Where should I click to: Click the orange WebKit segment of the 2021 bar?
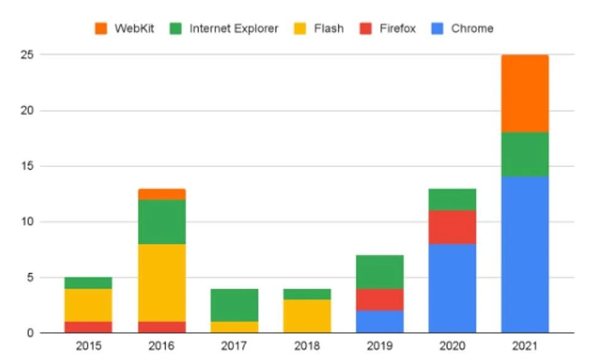coord(524,93)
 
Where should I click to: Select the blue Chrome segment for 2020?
coord(452,289)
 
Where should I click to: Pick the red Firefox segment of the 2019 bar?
coord(379,299)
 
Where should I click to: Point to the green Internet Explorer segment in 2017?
coord(234,305)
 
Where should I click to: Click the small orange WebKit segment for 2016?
coord(162,194)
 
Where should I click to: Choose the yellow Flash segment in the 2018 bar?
coord(307,316)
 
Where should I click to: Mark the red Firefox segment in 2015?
coord(88,327)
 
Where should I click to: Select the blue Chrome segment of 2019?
coord(379,321)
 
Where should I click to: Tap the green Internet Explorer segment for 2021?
coord(524,154)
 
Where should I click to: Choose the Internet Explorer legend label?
coord(234,28)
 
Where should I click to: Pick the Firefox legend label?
coord(398,28)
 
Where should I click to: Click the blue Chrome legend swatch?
coord(437,28)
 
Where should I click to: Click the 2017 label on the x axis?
coord(234,346)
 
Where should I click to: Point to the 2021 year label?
coord(524,346)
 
